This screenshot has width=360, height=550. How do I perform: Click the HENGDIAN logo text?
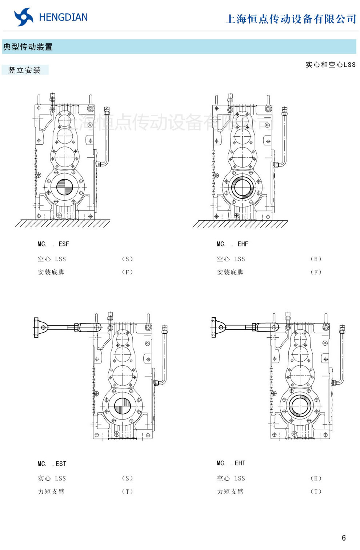point(63,17)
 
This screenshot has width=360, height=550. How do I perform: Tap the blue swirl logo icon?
point(24,17)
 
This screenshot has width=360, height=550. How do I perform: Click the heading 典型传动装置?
point(28,47)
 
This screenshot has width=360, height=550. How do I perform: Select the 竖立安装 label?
point(24,70)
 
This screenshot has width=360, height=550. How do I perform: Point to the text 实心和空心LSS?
point(330,65)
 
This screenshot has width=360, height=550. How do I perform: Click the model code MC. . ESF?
point(53,244)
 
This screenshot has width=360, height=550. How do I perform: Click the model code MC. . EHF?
point(232,244)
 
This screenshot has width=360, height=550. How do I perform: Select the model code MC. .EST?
point(52,464)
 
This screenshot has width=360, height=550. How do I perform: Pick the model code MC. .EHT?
point(231,463)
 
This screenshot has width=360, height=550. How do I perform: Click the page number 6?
point(344,538)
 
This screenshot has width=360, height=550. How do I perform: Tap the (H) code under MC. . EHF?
point(316,259)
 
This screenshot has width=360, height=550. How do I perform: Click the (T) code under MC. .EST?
point(127,491)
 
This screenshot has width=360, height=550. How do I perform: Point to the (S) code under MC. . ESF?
point(127,259)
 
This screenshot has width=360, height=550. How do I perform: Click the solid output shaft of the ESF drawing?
point(65,188)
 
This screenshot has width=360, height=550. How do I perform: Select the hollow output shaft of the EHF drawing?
point(242,188)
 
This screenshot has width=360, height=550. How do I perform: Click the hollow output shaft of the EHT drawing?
point(300,406)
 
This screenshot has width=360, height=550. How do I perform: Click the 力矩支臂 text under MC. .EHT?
point(230,491)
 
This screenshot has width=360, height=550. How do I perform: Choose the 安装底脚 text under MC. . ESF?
point(51,272)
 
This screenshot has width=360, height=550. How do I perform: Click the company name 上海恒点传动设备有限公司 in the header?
point(291,19)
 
